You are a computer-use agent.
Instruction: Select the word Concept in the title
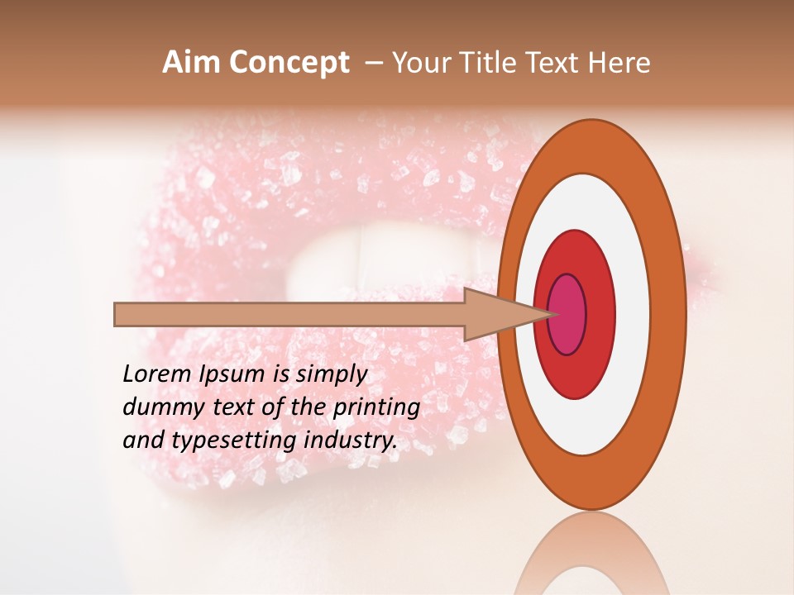pyautogui.click(x=288, y=64)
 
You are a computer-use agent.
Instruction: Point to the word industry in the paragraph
pyautogui.click(x=348, y=440)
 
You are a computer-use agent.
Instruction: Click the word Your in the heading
pyautogui.click(x=418, y=63)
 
